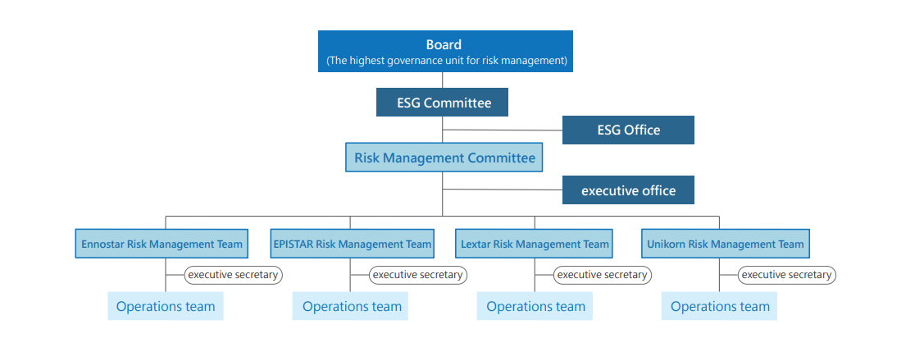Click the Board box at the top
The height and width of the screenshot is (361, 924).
445,52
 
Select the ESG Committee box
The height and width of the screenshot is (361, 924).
442,102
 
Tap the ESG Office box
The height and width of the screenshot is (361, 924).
628,130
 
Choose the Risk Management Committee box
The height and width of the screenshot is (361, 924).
444,158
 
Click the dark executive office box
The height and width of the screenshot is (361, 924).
628,190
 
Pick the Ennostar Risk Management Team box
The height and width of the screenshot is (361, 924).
162,244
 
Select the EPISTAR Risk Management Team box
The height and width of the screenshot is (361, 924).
353,244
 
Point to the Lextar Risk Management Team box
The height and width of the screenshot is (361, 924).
534,244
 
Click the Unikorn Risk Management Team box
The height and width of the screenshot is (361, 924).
726,244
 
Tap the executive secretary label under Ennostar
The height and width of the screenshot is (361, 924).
233,275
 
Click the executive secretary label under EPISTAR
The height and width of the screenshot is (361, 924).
418,275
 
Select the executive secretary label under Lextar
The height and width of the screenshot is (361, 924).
603,275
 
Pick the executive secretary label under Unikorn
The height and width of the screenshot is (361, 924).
787,275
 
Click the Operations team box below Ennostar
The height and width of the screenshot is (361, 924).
166,306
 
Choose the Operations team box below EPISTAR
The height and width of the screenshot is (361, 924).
350,306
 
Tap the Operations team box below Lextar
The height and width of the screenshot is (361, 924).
535,306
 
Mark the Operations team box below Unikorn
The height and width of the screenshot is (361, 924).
719,306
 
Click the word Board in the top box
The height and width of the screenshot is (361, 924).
444,44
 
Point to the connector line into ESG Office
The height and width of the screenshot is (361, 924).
503,130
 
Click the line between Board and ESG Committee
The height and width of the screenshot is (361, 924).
443,80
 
